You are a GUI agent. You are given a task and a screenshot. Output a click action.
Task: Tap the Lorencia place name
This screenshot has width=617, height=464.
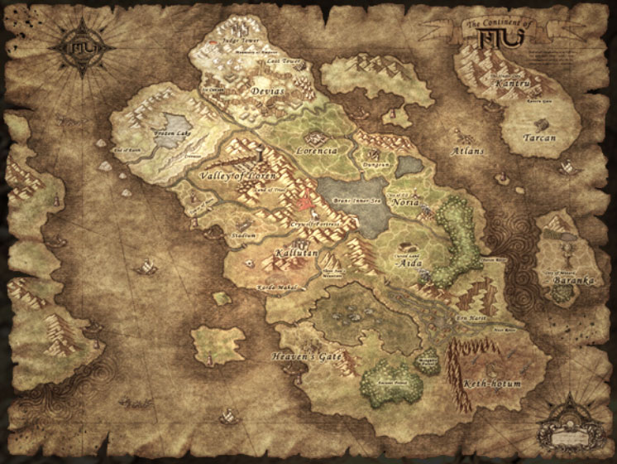coord(317,152)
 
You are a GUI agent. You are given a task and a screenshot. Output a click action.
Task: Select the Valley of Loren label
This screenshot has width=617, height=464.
coord(235,175)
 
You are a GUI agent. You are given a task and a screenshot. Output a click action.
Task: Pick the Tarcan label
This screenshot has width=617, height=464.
coord(539,138)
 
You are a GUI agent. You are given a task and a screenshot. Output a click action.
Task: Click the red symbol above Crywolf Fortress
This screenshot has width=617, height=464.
coord(307,201)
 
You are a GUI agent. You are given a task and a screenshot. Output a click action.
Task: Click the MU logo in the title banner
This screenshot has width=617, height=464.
coord(500,36)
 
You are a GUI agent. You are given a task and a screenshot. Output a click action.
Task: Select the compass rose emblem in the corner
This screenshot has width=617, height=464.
coord(74,46)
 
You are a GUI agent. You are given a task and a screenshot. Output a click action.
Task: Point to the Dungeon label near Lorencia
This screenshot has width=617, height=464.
coord(376,166)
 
